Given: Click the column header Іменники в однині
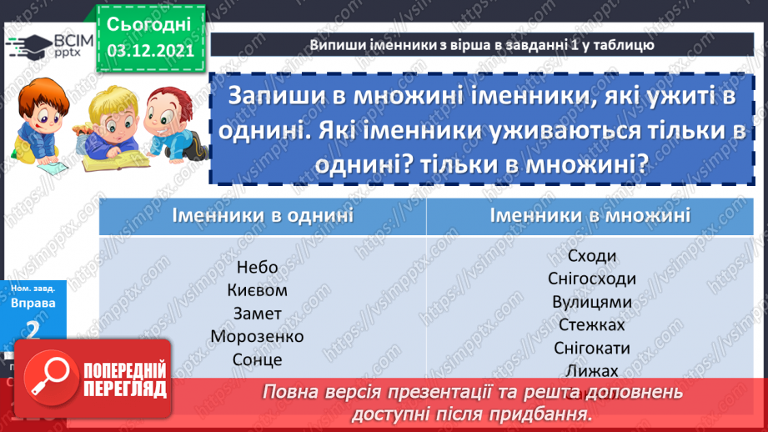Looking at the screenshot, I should pos(263,216).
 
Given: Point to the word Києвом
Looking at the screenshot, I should pos(257,291).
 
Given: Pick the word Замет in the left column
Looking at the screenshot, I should pos(257,314).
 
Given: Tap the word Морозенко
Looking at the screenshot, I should pos(257,337).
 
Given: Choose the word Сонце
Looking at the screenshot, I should pos(257,360).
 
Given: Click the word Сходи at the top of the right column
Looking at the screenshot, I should pos(591,256).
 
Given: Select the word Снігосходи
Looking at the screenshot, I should pos(591,279).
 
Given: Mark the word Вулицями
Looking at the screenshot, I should pos(591,302).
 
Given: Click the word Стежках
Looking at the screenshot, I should pos(591,325).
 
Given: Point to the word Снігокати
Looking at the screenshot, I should pos(591,349).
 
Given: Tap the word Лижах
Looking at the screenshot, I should pos(591,371).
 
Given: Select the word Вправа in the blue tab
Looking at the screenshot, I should pos(33,304).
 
